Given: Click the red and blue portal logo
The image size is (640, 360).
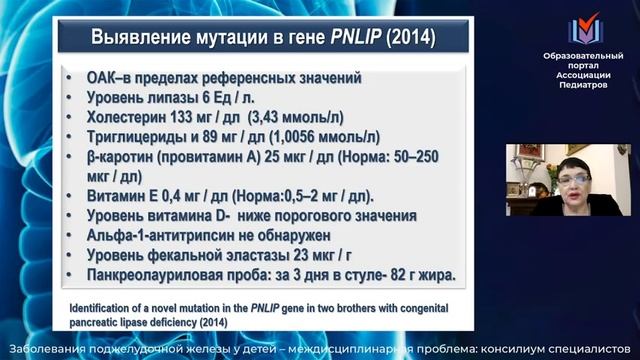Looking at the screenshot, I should tap(583, 31).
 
